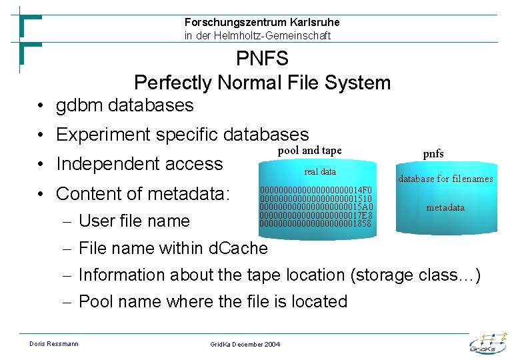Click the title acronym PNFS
pyautogui.click(x=262, y=59)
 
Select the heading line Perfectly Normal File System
pyautogui.click(x=262, y=83)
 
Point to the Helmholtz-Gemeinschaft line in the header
pyautogui.click(x=257, y=36)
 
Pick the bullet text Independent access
pyautogui.click(x=139, y=164)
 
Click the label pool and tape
pyautogui.click(x=309, y=151)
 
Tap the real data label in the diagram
pyautogui.click(x=320, y=171)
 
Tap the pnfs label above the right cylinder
pyautogui.click(x=433, y=154)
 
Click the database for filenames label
pyautogui.click(x=445, y=179)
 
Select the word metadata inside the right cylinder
pyautogui.click(x=445, y=208)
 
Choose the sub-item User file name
pyautogui.click(x=134, y=221)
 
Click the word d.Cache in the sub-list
pyautogui.click(x=238, y=249)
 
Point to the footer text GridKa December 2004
pyautogui.click(x=245, y=344)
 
